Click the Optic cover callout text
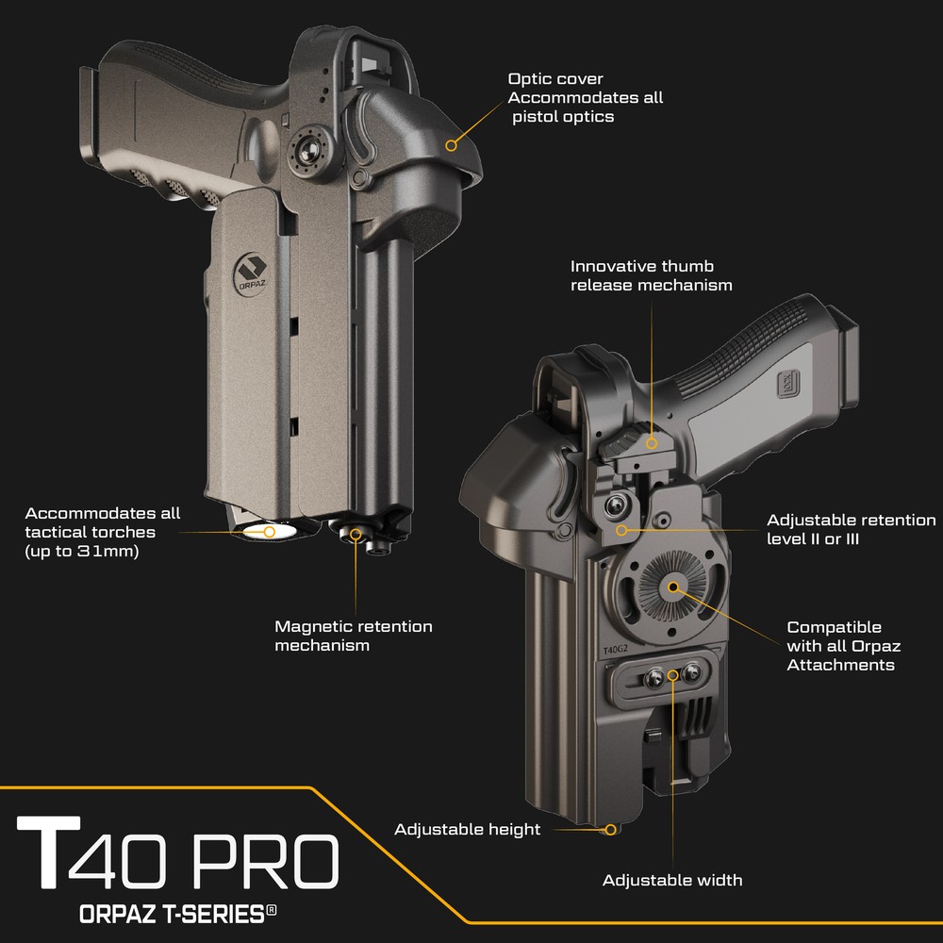(585, 98)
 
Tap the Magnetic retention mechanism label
(353, 636)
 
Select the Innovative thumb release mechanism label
(651, 275)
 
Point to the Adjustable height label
(468, 830)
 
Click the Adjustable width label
(672, 880)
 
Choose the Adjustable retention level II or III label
(851, 529)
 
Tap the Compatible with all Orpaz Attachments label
(840, 646)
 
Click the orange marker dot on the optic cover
(452, 145)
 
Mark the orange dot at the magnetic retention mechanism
(356, 534)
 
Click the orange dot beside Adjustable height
(610, 830)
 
